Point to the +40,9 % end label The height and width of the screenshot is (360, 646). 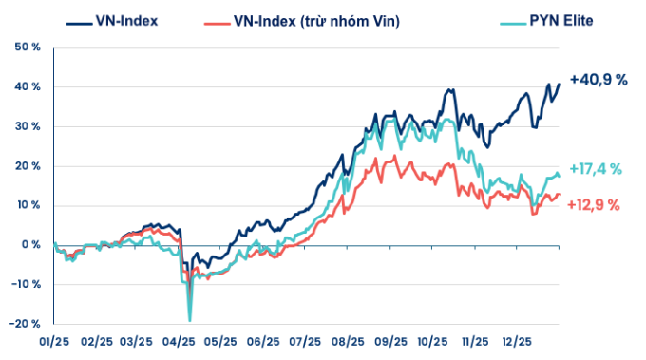click(598, 81)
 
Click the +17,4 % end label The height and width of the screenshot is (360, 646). click(596, 169)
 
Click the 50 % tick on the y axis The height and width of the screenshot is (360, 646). click(28, 47)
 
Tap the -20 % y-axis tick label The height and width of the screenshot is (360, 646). click(26, 324)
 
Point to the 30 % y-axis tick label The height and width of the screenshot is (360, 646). click(28, 126)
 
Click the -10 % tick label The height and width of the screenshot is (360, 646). click(26, 284)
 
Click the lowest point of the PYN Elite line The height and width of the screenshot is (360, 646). click(190, 320)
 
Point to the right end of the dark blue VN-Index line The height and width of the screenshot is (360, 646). click(560, 84)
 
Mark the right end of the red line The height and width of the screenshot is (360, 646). click(560, 195)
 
